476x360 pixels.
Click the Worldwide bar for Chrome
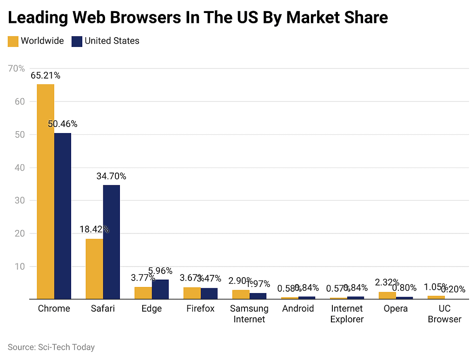pos(46,191)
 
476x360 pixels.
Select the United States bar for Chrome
pos(63,216)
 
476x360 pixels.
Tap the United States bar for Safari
pos(112,242)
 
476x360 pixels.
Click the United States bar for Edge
pos(160,289)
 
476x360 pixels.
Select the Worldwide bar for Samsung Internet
pos(241,294)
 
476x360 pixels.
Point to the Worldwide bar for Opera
pos(387,295)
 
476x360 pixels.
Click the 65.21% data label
pos(46,75)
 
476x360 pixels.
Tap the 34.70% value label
pos(111,176)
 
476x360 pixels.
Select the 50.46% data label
pos(63,124)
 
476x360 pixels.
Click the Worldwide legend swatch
pos(13,41)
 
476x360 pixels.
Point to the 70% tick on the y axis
pos(17,69)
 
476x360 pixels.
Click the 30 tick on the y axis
pos(19,200)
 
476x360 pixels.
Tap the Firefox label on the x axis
pos(200,308)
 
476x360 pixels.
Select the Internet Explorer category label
pos(347,313)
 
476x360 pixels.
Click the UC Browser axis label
pos(445,313)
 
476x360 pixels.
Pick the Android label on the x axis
pos(298,308)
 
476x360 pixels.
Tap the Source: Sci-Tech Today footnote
pos(51,347)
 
